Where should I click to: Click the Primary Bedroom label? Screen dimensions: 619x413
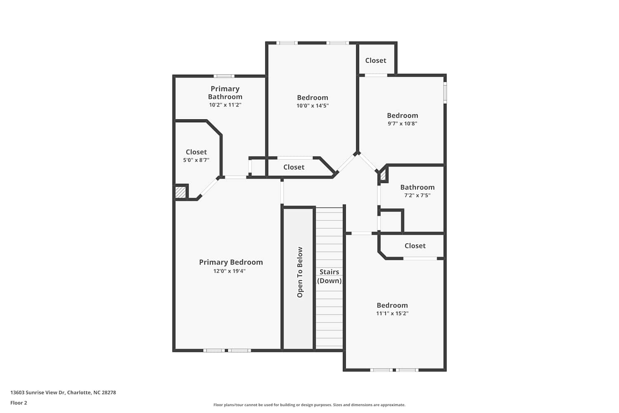pyautogui.click(x=231, y=262)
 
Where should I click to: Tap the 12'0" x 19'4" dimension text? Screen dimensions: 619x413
pyautogui.click(x=229, y=271)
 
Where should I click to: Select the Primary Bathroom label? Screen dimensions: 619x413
pyautogui.click(x=225, y=93)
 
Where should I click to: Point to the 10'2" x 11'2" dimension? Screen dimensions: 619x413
pyautogui.click(x=225, y=105)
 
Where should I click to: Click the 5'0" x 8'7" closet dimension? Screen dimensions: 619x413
pyautogui.click(x=196, y=160)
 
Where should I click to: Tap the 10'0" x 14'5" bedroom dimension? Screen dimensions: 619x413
pyautogui.click(x=312, y=105)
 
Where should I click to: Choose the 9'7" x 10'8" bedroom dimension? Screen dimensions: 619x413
pyautogui.click(x=402, y=123)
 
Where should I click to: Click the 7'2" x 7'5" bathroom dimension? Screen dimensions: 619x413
pyautogui.click(x=417, y=195)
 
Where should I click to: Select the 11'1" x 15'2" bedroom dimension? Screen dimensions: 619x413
pyautogui.click(x=392, y=313)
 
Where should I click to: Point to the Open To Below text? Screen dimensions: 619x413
pyautogui.click(x=300, y=272)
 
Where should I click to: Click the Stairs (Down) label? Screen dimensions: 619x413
pyautogui.click(x=329, y=276)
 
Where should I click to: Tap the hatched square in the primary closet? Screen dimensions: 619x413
pyautogui.click(x=181, y=192)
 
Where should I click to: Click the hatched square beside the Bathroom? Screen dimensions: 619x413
pyautogui.click(x=383, y=176)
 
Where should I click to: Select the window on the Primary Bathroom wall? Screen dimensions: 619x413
pyautogui.click(x=224, y=76)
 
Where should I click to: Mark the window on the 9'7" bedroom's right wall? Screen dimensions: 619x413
pyautogui.click(x=445, y=93)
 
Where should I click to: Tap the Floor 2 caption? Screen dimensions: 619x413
pyautogui.click(x=19, y=403)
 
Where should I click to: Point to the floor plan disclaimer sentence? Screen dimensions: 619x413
pyautogui.click(x=309, y=405)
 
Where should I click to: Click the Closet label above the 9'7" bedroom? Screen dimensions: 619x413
pyautogui.click(x=376, y=60)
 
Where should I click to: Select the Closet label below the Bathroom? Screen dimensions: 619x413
pyautogui.click(x=415, y=246)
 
